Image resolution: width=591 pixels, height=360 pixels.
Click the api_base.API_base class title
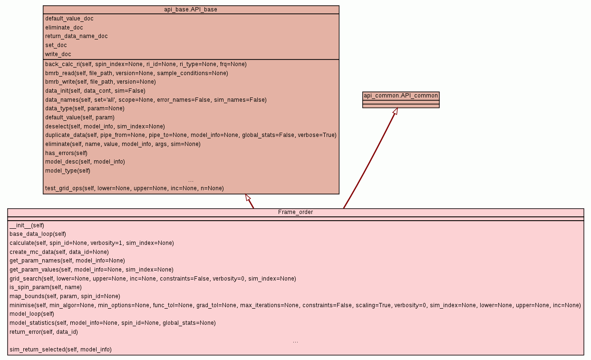pyautogui.click(x=191, y=10)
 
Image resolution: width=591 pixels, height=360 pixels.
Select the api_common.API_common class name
pyautogui.click(x=401, y=96)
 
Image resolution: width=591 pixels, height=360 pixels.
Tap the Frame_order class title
pyautogui.click(x=296, y=212)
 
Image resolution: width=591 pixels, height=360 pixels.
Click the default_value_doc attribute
pyautogui.click(x=69, y=19)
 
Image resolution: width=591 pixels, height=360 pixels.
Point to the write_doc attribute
pyautogui.click(x=58, y=54)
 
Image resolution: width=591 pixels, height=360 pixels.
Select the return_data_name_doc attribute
pyautogui.click(x=76, y=36)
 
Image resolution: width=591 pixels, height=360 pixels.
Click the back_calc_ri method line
pyautogui.click(x=146, y=64)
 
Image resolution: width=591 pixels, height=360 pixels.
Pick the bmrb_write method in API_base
pyautogui.click(x=100, y=82)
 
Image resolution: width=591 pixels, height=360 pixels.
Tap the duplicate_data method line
pyautogui.click(x=191, y=135)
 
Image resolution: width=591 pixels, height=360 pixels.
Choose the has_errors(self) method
pyautogui.click(x=66, y=153)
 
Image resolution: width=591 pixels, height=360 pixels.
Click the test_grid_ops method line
pyautogui.click(x=134, y=188)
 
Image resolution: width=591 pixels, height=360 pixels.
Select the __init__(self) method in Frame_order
pyautogui.click(x=27, y=225)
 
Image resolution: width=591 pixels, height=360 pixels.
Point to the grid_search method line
pyautogui.click(x=153, y=279)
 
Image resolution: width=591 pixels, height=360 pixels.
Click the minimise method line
pyautogui.click(x=295, y=305)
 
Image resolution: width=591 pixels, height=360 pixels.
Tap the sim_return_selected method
pyautogui.click(x=61, y=350)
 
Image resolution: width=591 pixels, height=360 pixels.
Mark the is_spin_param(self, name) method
pyautogui.click(x=46, y=287)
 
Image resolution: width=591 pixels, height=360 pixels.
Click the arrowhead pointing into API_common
pyautogui.click(x=396, y=111)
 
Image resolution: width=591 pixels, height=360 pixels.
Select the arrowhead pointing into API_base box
pyautogui.click(x=248, y=197)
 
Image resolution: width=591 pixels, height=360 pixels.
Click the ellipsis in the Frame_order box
pyautogui.click(x=296, y=342)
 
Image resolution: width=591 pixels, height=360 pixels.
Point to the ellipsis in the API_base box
pyautogui.click(x=191, y=181)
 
